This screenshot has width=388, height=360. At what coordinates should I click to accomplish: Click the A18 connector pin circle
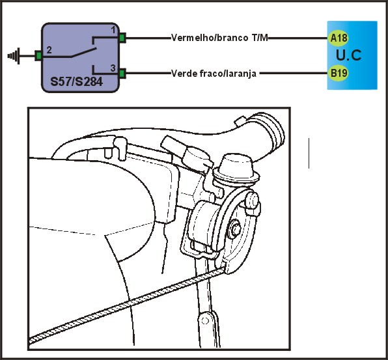click(x=339, y=38)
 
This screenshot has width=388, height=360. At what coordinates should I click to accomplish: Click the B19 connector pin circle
click(x=339, y=73)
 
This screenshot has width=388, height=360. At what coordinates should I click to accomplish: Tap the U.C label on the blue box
click(x=348, y=55)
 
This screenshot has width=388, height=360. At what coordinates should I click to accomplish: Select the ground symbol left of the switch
click(x=14, y=56)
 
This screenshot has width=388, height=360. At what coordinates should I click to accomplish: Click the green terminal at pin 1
click(x=122, y=38)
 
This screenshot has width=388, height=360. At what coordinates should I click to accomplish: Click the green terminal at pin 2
click(x=38, y=55)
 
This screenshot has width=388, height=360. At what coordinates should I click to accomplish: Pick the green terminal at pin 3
click(x=122, y=74)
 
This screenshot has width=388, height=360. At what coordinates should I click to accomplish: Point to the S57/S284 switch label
click(x=76, y=81)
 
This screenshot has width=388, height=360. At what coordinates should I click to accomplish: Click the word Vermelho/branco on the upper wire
click(x=210, y=38)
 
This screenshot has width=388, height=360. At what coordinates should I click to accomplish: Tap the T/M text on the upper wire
click(x=260, y=38)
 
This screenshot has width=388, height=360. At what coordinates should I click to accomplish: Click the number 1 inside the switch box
click(x=113, y=30)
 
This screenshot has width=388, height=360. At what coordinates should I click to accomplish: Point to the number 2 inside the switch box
click(x=49, y=50)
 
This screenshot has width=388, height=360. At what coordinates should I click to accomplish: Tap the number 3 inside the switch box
click(x=113, y=68)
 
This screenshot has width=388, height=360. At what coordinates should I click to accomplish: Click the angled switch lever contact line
click(x=84, y=52)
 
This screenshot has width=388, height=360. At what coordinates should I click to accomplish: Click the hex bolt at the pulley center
click(x=234, y=229)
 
